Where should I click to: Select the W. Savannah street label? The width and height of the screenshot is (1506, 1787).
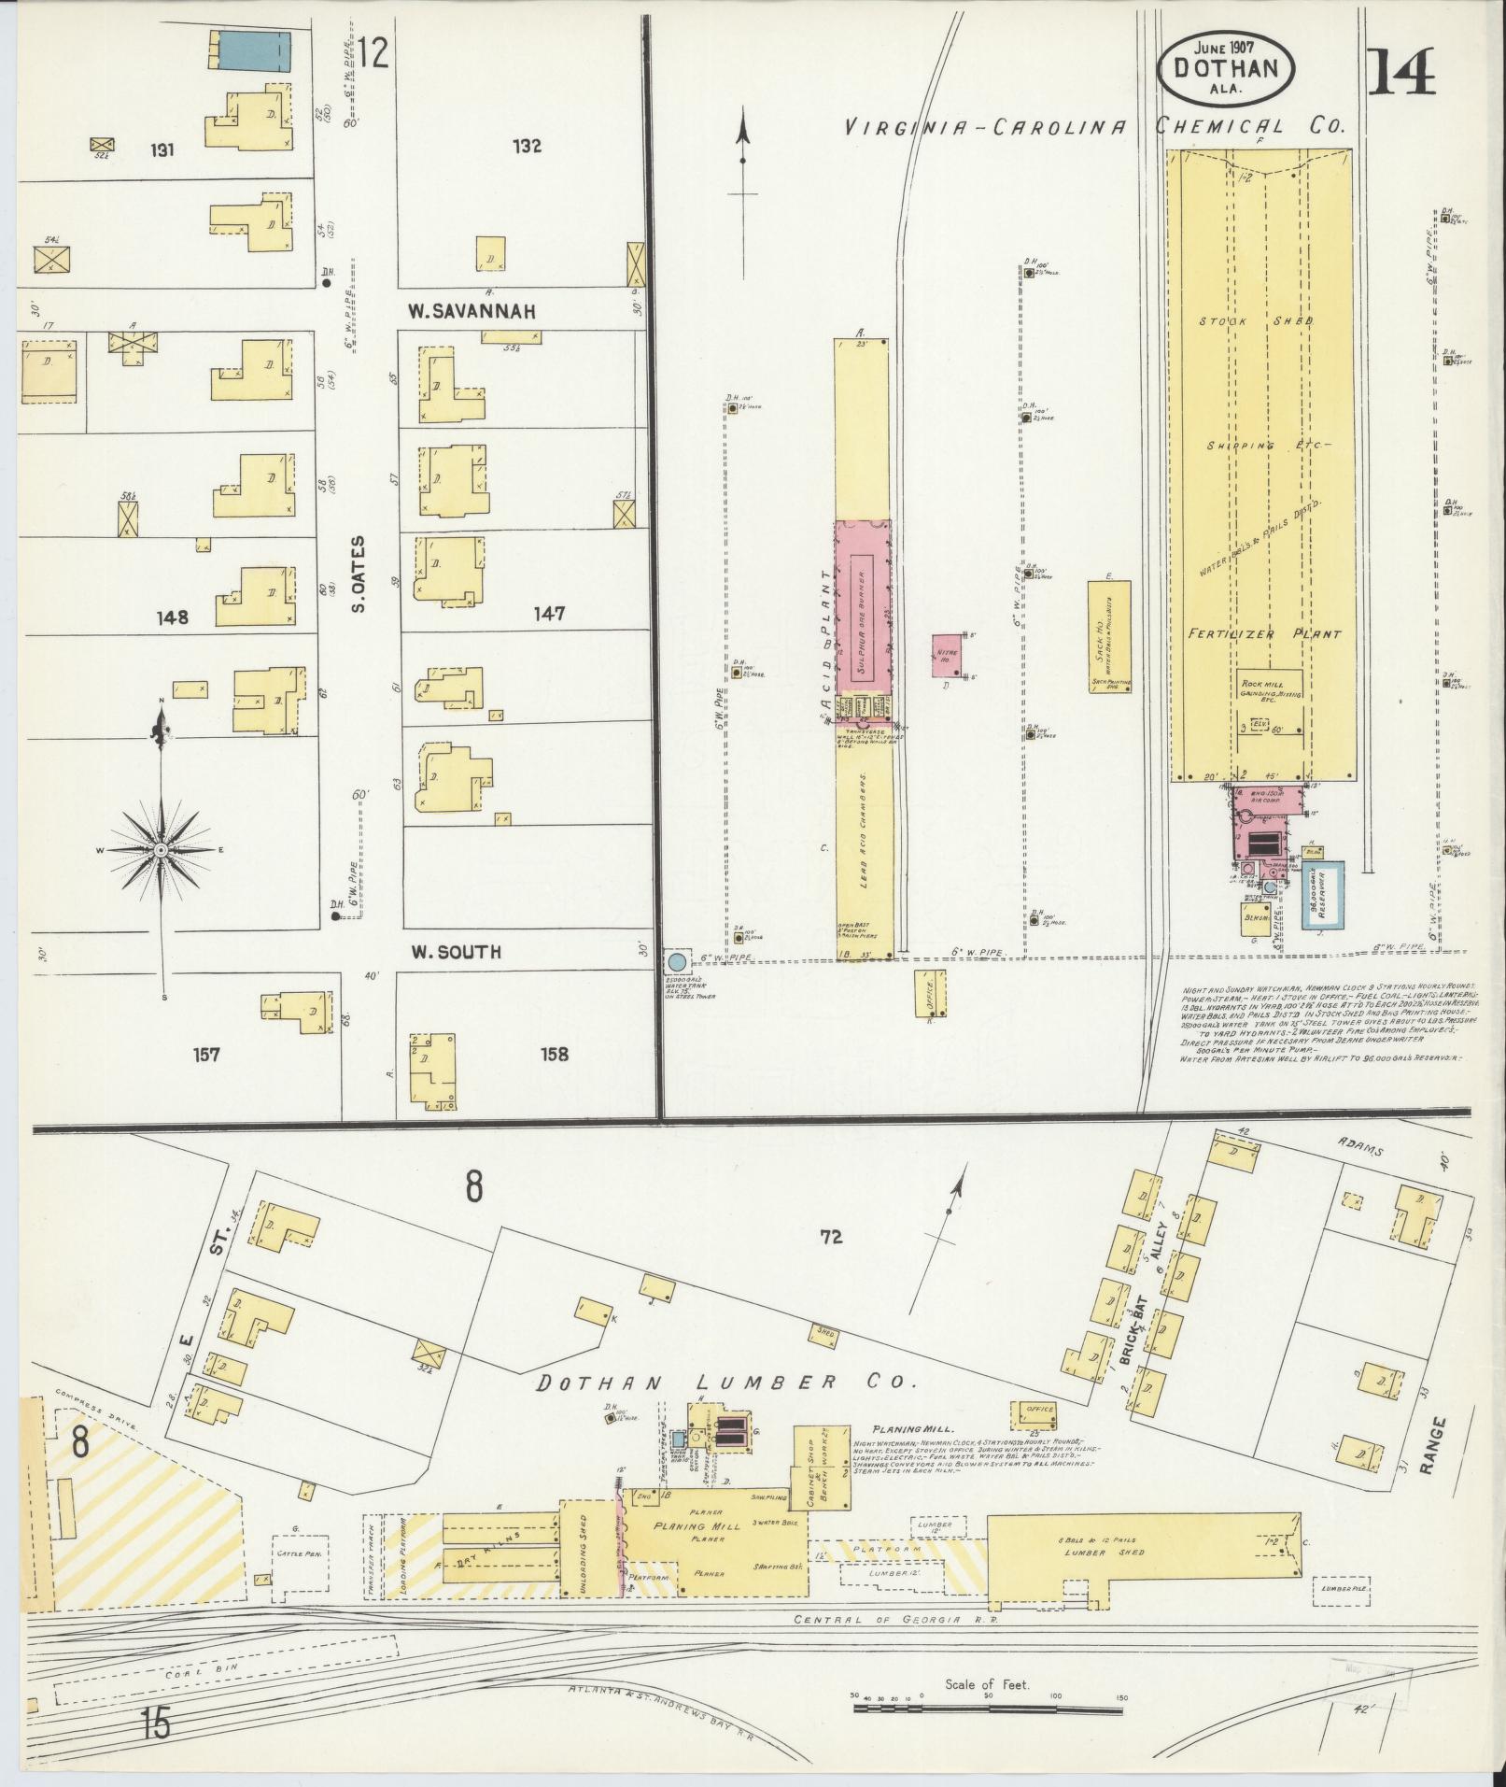472,310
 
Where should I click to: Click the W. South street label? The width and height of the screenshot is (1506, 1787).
457,952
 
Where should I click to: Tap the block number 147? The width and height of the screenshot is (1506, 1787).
550,614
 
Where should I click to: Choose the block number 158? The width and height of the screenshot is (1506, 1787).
553,1055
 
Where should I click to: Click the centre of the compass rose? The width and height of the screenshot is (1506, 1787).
162,850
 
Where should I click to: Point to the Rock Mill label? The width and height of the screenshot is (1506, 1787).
1270,683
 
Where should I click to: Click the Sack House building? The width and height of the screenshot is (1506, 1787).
1109,636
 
